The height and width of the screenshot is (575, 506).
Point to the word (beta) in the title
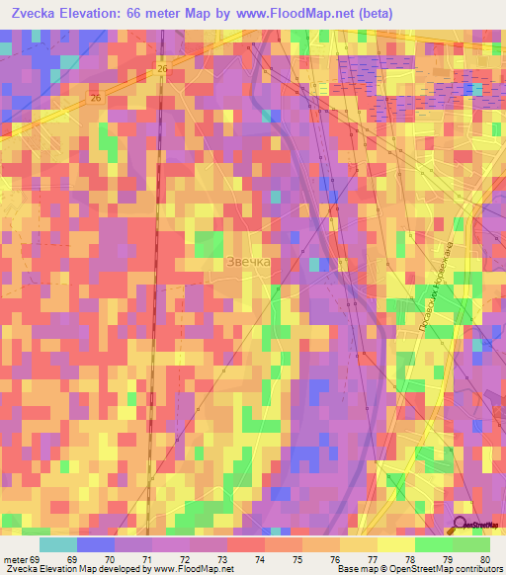point(369,14)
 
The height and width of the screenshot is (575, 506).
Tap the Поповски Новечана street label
point(436,292)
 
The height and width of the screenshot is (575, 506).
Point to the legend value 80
point(484,559)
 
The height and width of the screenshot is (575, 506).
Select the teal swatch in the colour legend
point(57,544)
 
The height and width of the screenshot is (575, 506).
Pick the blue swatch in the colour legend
point(95,544)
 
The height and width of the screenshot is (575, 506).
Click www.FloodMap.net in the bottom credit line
point(192,569)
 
